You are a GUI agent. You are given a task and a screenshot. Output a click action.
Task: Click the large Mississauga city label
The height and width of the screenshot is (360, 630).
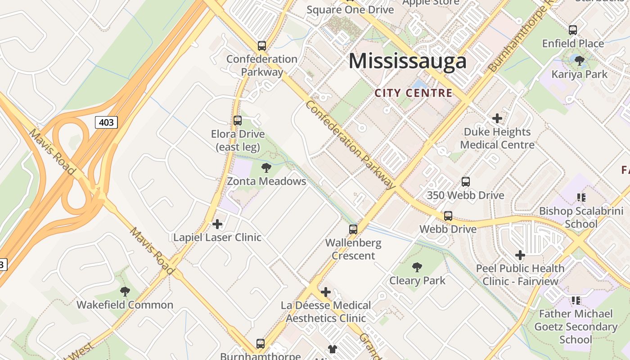[x=407, y=61]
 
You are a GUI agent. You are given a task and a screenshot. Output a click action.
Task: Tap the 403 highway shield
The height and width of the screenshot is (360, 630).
[x=106, y=122]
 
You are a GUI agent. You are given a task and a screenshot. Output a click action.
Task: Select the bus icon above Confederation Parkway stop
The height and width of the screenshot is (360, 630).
[x=261, y=45]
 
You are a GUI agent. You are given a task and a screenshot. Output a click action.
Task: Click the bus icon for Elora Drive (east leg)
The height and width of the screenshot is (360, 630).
[x=237, y=121]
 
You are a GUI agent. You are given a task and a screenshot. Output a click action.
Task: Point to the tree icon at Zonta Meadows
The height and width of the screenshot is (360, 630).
[x=266, y=168]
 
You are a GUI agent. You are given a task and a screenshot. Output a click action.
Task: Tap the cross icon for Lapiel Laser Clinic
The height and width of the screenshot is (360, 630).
[x=217, y=224]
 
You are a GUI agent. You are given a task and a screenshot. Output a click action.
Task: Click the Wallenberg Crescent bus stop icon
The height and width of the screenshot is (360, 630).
[x=353, y=229]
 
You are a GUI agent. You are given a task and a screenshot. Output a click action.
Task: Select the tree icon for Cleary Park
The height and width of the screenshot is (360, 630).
[x=417, y=267]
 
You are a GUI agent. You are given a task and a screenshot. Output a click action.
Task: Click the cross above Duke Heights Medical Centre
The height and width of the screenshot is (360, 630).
[x=497, y=118]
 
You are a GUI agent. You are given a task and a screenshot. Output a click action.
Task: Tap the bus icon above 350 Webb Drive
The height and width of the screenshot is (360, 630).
[x=466, y=182]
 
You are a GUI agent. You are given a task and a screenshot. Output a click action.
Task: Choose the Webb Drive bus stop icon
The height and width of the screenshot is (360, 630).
[x=448, y=216]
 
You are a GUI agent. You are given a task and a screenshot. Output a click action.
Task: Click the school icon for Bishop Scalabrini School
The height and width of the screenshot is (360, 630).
[x=581, y=197]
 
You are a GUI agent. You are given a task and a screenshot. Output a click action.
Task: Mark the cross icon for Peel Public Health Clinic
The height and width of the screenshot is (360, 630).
[x=520, y=255]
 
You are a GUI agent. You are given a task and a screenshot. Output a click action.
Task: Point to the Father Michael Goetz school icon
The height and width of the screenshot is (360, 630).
[x=576, y=300]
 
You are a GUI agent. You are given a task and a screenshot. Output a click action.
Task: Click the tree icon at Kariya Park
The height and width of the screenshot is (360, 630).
[x=580, y=60]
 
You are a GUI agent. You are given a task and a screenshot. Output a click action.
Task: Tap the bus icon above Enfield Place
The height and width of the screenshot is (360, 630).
[x=573, y=30]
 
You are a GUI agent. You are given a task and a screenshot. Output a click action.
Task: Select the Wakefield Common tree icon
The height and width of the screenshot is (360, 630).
[x=125, y=291]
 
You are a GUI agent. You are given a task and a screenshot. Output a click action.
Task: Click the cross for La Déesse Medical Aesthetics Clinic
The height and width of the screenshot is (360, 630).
[x=326, y=292]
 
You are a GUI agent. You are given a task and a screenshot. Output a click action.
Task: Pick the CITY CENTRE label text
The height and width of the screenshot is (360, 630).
[x=413, y=93]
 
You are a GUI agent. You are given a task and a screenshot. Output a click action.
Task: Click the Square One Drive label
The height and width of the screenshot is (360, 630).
[x=350, y=9]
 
